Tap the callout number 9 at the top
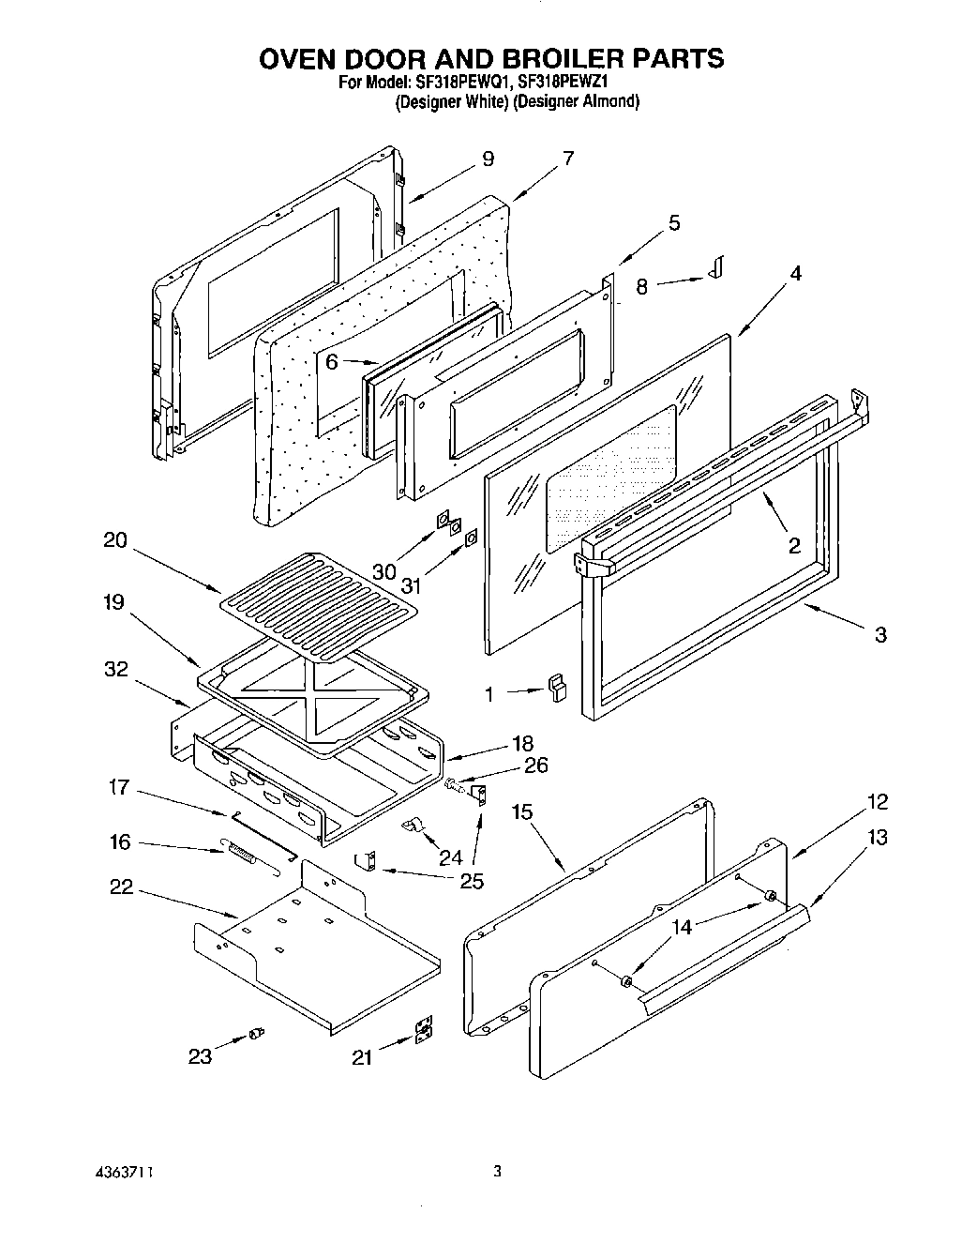point(488,159)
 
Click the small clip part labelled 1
point(558,690)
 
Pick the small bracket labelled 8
point(717,268)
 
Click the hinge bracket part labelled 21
point(424,1033)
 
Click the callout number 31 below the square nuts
point(411,585)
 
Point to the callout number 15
point(522,811)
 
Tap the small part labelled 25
point(366,860)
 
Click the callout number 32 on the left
point(116,669)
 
